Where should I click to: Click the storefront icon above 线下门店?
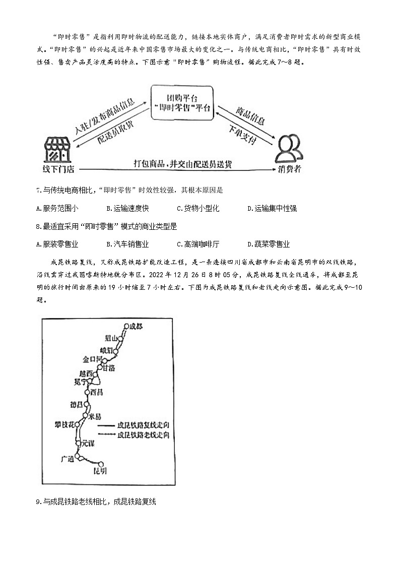tap(56, 149)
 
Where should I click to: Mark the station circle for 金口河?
tap(105, 360)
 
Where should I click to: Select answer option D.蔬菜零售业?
tap(269, 244)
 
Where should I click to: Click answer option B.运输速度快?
tap(128, 208)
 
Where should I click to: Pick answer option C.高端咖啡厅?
tap(198, 244)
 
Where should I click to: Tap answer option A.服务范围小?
tap(57, 208)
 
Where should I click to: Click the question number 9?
tap(38, 501)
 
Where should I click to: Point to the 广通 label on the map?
tap(67, 459)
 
